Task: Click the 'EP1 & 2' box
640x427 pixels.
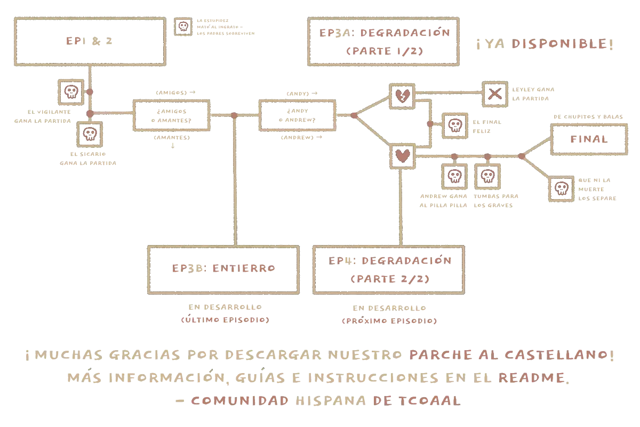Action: click(x=90, y=42)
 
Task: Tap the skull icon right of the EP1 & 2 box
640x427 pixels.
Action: click(x=183, y=27)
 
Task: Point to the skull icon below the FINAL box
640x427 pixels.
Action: click(x=562, y=187)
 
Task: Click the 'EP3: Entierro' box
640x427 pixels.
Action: click(x=221, y=269)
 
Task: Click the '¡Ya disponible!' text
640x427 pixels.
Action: click(x=544, y=45)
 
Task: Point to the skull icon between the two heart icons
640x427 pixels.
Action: click(x=454, y=125)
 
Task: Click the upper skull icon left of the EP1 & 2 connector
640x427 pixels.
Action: click(x=70, y=92)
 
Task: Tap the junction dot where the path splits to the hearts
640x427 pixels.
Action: click(x=354, y=115)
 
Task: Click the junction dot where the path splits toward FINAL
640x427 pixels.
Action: click(x=521, y=155)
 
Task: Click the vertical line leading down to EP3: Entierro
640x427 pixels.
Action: click(x=234, y=181)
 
